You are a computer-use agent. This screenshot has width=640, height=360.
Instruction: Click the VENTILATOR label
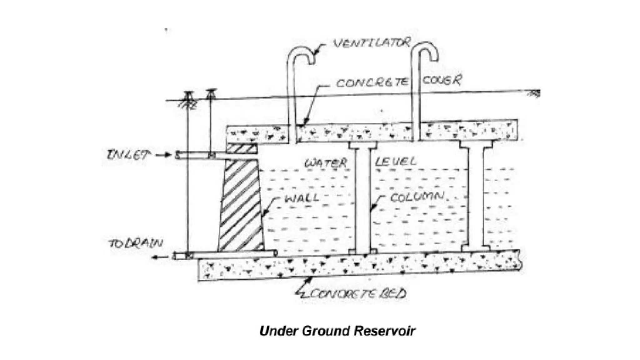371,42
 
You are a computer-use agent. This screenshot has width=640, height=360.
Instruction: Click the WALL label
301,197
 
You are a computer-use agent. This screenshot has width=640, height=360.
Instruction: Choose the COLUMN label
417,197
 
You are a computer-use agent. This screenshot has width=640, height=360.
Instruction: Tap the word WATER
326,163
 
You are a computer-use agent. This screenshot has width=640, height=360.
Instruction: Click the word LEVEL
396,162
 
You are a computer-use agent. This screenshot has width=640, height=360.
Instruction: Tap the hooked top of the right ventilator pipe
425,50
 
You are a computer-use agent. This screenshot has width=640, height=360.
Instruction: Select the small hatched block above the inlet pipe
242,149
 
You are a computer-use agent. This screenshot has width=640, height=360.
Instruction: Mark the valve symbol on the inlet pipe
212,155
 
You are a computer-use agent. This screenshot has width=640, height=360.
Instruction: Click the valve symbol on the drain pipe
188,256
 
